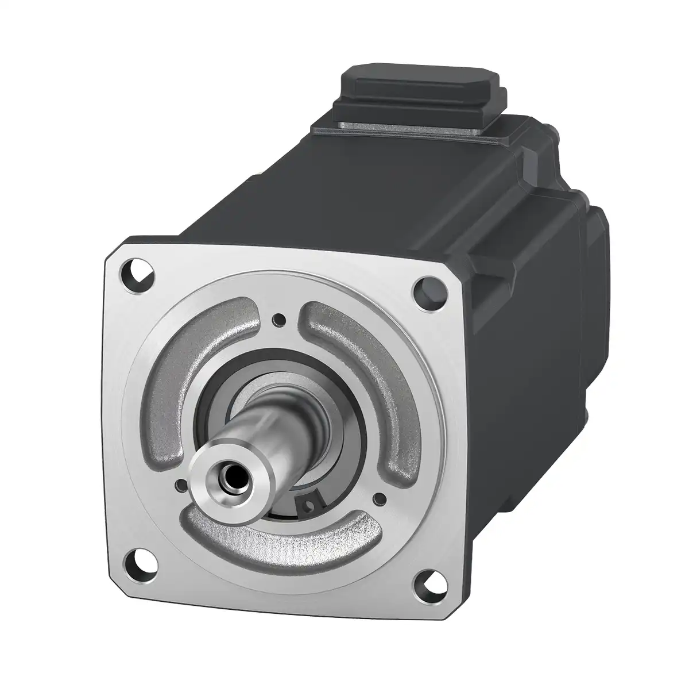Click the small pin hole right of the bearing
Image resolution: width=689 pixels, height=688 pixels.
pos(378,497)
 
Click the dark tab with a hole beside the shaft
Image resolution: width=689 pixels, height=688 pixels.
pos(309,502)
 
